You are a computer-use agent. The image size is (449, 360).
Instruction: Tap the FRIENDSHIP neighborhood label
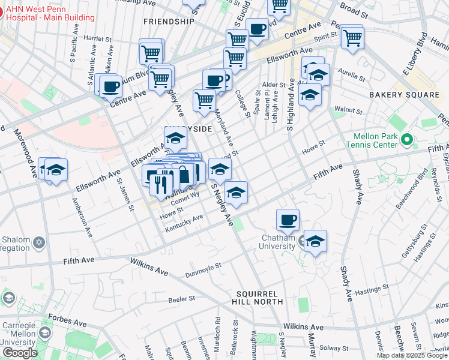pos(169,21)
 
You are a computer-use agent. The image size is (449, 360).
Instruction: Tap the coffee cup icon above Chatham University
pos(288,220)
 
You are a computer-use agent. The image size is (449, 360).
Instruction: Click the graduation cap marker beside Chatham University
pos(315,241)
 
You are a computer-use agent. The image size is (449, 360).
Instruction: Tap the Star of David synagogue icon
pos(40,242)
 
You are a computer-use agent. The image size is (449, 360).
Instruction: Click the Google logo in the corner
pos(20,353)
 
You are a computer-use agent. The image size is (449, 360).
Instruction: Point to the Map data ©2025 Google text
pos(411,355)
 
